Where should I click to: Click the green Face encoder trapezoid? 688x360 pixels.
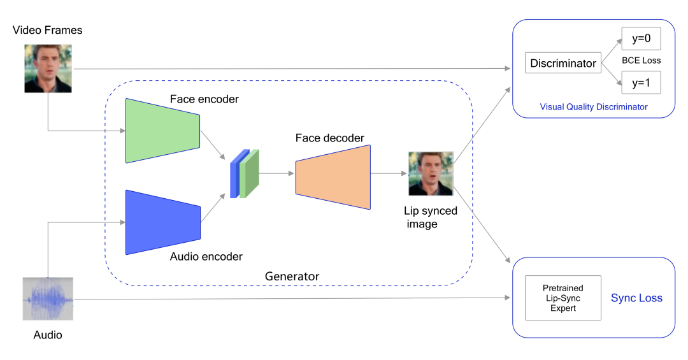163,131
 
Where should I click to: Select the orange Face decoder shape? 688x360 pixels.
333,177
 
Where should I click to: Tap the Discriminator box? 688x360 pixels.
563,63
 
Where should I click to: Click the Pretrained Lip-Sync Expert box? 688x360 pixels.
563,298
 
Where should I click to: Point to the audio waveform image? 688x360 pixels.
48,299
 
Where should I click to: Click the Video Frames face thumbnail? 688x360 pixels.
48,68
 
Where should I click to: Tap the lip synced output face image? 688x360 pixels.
431,173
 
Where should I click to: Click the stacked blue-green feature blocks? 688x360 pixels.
245,173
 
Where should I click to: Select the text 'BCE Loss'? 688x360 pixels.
641,61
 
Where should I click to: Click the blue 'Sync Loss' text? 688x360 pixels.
636,298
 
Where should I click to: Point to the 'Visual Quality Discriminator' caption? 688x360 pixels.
593,107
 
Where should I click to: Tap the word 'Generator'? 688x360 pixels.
292,277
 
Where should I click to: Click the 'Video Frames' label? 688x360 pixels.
48,30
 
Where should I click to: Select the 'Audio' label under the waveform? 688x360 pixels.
48,335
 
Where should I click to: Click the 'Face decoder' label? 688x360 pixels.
330,138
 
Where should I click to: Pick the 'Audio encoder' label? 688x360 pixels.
206,257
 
